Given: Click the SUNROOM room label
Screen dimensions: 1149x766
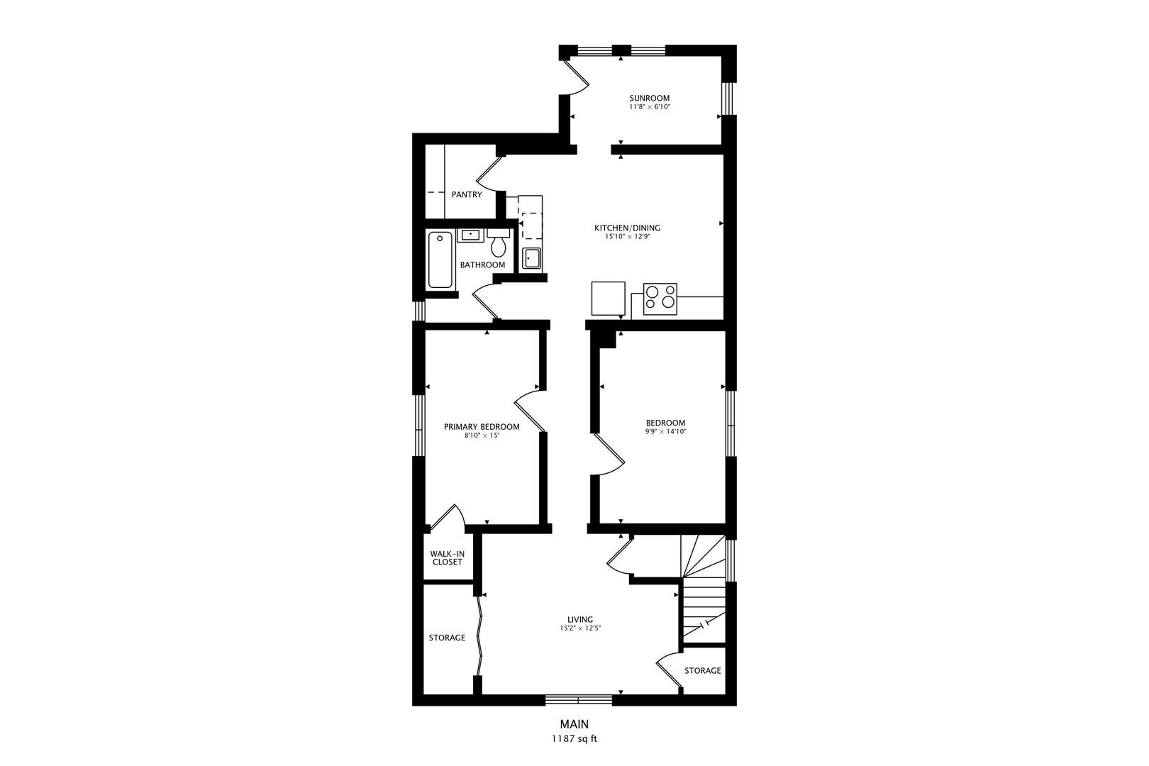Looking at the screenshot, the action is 650,98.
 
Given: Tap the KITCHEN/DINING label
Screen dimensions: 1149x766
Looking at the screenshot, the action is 627,228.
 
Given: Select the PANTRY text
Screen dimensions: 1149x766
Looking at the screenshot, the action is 467,194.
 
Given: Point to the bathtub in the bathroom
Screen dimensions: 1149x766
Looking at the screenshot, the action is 440,260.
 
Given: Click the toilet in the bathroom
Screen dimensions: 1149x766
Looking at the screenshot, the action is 498,244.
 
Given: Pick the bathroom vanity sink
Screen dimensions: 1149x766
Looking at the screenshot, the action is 470,235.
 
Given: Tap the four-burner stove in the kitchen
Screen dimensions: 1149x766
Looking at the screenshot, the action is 660,299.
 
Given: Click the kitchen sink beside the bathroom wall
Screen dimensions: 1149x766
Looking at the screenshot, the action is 531,258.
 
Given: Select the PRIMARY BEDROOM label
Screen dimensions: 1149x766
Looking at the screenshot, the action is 482,427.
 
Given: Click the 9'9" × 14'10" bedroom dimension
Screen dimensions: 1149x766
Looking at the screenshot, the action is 666,432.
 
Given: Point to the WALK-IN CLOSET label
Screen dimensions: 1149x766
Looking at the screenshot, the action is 448,557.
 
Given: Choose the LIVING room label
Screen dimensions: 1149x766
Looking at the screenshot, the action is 580,619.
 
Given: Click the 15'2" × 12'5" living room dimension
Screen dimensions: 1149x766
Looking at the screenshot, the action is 580,628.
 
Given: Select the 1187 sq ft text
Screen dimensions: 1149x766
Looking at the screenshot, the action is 574,739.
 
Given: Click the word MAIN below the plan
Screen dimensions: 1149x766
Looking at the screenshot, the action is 574,724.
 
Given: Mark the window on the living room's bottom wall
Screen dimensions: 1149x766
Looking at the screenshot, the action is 579,700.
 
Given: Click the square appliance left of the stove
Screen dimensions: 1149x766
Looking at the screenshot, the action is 609,298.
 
